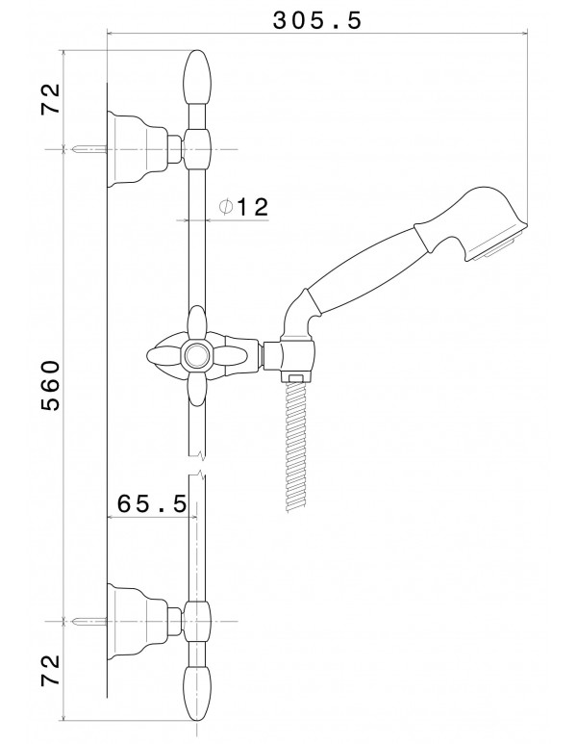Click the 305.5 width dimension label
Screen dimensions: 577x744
tap(317, 20)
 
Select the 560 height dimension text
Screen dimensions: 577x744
tap(51, 385)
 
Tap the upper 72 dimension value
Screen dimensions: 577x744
tap(51, 98)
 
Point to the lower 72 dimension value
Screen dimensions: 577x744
tap(51, 670)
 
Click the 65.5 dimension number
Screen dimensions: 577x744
tap(152, 503)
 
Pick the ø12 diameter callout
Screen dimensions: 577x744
tap(243, 207)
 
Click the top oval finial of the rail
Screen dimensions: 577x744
tap(197, 78)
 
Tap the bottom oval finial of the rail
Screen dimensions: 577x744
tap(197, 693)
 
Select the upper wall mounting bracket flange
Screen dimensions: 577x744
tap(138, 149)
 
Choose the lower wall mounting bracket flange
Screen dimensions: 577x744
tap(138, 621)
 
